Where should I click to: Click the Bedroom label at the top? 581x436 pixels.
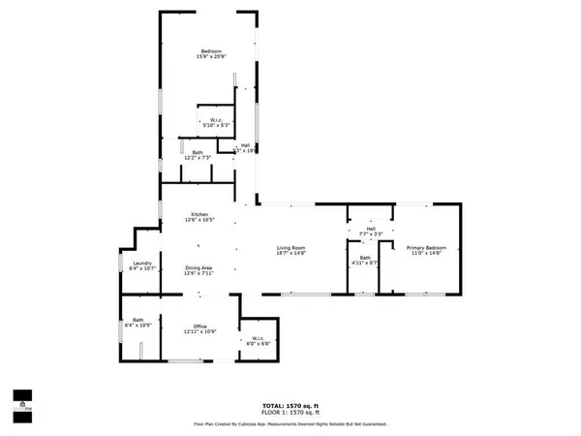pyautogui.click(x=212, y=50)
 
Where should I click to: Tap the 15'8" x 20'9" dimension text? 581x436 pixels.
pyautogui.click(x=212, y=57)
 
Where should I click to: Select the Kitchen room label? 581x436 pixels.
pyautogui.click(x=199, y=214)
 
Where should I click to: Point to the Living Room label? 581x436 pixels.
pyautogui.click(x=291, y=246)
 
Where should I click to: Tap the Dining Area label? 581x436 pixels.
pyautogui.click(x=199, y=267)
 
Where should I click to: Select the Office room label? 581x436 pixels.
pyautogui.click(x=199, y=327)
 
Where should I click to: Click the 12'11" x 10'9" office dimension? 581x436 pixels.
pyautogui.click(x=199, y=332)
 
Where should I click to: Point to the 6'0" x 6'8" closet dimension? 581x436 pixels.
pyautogui.click(x=258, y=343)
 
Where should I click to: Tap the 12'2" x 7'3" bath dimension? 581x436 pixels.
pyautogui.click(x=197, y=157)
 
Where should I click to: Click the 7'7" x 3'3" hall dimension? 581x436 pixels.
pyautogui.click(x=371, y=234)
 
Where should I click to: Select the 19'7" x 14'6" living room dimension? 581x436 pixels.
pyautogui.click(x=291, y=253)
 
